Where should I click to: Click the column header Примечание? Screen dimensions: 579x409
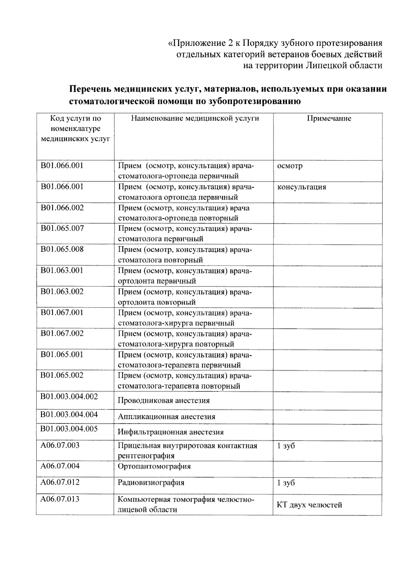329,119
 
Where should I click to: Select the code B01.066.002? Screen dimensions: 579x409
62,208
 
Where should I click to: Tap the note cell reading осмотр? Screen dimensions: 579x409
290,166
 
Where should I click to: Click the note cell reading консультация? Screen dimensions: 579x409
301,187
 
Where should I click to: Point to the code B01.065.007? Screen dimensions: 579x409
62,228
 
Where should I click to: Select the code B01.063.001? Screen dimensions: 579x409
62,270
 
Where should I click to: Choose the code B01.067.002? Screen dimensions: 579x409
62,333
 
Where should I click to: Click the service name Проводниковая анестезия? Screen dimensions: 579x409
164,401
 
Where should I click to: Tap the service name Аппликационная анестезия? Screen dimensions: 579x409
166,417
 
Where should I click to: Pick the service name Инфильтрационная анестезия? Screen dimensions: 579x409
170,432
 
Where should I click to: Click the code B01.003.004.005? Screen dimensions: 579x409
69,429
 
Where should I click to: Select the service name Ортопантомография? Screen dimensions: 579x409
154,466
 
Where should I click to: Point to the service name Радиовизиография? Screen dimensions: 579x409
151,483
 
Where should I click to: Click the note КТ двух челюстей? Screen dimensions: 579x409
309,505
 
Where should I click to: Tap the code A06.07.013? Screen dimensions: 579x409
60,499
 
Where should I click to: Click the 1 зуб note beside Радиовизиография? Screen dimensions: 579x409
286,483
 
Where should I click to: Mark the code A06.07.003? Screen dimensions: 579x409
60,445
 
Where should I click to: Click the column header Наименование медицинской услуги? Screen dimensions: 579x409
195,119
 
